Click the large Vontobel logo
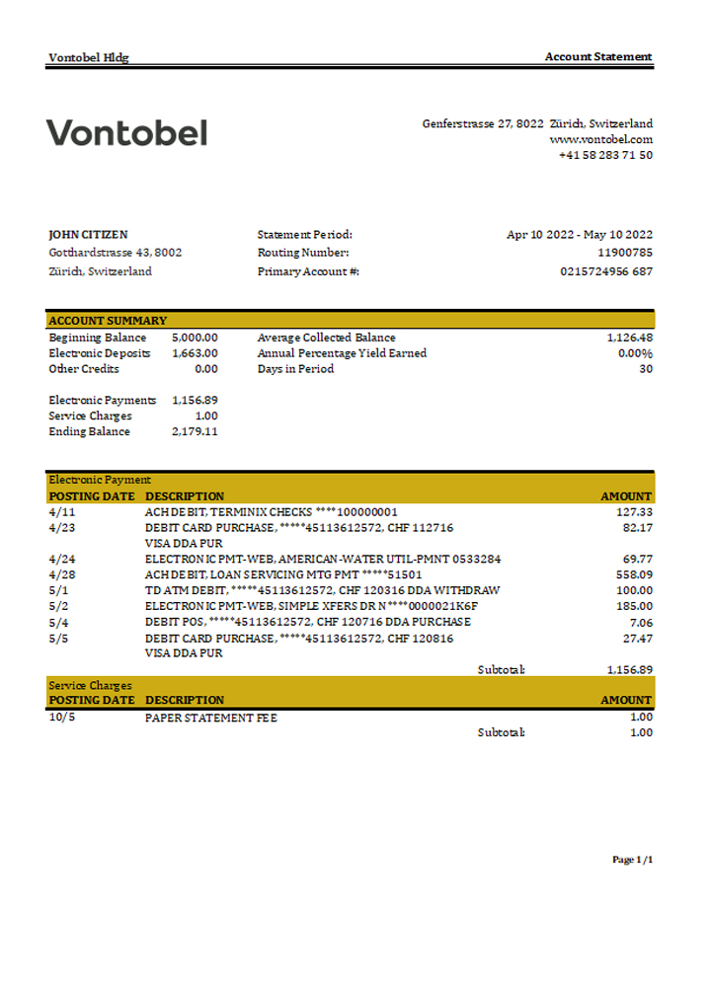pos(126,132)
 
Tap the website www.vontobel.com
pos(600,139)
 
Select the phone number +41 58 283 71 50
pos(604,155)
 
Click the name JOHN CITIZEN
pos(88,235)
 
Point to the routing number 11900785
pos(626,253)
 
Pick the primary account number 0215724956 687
pos(605,271)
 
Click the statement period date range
pos(579,235)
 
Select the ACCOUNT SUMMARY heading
pos(108,321)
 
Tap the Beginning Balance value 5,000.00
pos(195,338)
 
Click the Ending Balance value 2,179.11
pos(195,431)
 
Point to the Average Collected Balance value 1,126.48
pos(629,338)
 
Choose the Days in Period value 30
pos(645,369)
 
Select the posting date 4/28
pos(61,574)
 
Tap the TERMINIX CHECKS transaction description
pos(271,512)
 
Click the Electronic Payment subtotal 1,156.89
pos(629,669)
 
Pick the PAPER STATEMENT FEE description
pos(210,718)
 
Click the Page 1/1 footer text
pos(632,860)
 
